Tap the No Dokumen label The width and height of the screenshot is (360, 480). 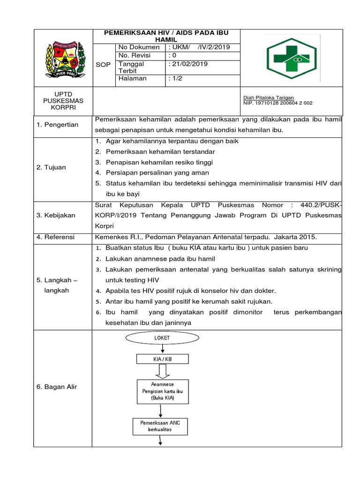[x=139, y=47]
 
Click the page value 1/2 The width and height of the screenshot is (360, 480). [x=175, y=79]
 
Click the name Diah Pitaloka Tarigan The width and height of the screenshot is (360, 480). [x=269, y=97]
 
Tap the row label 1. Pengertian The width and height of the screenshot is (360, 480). [x=58, y=125]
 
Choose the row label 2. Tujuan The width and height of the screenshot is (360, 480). [x=51, y=167]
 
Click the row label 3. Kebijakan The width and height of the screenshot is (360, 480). [x=56, y=215]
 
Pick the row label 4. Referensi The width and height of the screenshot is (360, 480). [x=55, y=237]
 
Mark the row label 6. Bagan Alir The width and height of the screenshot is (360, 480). [x=57, y=387]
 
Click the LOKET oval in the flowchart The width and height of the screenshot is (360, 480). [x=162, y=337]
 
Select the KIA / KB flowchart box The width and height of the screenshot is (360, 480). [x=162, y=359]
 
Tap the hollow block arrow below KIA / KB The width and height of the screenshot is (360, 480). [x=162, y=372]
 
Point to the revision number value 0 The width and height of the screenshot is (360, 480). [x=171, y=55]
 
